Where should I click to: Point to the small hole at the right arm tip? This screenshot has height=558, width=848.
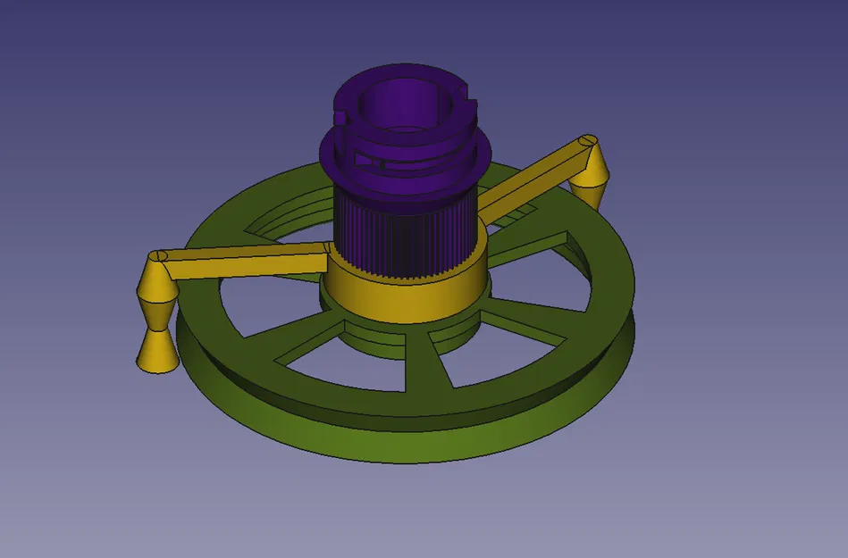pos(587,140)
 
